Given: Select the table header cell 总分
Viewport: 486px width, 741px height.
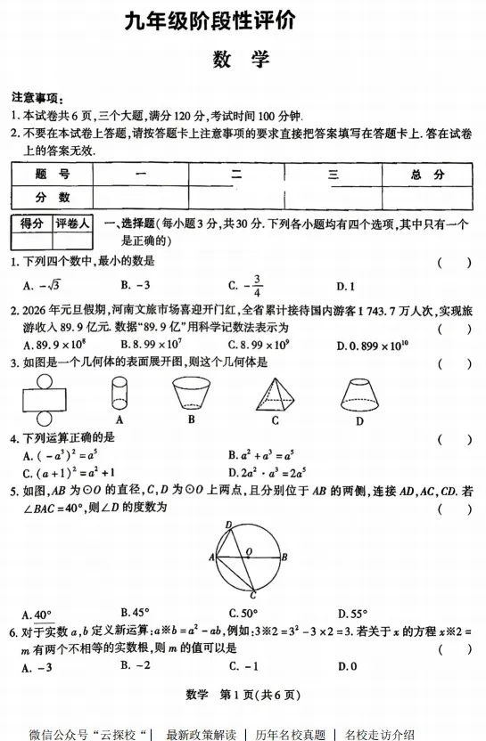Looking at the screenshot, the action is click(427, 175).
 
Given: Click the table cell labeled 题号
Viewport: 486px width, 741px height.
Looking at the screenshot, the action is click(53, 175).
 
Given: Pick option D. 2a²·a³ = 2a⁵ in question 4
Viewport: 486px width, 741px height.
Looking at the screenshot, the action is click(268, 472).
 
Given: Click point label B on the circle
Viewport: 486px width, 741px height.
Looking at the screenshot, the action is click(284, 557).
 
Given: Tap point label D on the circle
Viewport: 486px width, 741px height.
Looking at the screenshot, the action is click(228, 525).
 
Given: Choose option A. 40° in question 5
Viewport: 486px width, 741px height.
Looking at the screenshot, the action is click(36, 614).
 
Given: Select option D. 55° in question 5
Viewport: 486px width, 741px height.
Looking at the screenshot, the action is click(352, 614).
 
